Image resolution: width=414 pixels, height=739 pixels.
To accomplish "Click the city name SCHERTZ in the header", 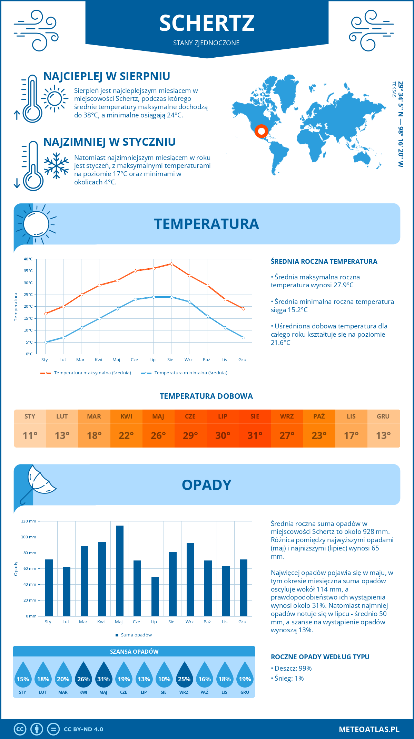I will click(x=207, y=23).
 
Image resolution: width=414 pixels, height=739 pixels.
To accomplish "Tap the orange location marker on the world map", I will click(x=261, y=131).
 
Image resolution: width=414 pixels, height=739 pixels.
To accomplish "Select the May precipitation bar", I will click(x=120, y=570).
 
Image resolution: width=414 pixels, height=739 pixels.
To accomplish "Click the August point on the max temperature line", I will click(x=171, y=264).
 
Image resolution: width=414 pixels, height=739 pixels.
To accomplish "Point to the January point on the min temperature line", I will click(x=46, y=342).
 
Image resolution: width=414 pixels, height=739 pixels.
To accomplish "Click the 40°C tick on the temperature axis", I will click(x=28, y=259).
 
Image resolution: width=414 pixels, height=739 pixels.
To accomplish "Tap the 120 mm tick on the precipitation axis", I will click(x=29, y=521).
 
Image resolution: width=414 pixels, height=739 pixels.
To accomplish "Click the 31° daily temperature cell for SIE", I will click(x=255, y=435).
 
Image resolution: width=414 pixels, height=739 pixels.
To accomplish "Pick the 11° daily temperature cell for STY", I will click(x=30, y=435).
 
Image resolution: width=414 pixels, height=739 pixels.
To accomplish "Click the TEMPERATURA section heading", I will click(x=206, y=224).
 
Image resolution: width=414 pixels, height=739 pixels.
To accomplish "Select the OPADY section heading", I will click(x=206, y=485).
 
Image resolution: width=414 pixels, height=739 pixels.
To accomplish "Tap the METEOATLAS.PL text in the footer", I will click(x=369, y=729).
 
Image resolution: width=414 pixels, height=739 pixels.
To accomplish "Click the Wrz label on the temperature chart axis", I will click(x=188, y=360).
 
